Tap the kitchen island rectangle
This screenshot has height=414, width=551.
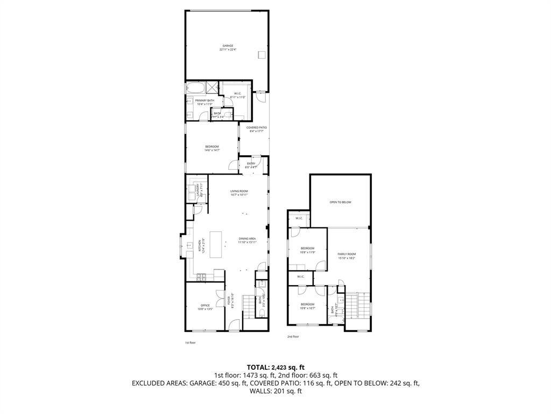click(215, 245)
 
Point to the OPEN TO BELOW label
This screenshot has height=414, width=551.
click(340, 202)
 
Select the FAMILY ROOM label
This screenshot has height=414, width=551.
click(347, 255)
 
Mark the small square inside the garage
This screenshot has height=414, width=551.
click(262, 54)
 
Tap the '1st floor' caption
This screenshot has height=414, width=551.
click(189, 342)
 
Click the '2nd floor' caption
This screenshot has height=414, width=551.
click(293, 336)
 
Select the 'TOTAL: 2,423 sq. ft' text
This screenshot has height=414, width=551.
click(275, 367)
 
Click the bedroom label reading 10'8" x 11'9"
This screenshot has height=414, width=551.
click(307, 250)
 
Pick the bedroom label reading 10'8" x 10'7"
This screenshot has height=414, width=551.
click(307, 306)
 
